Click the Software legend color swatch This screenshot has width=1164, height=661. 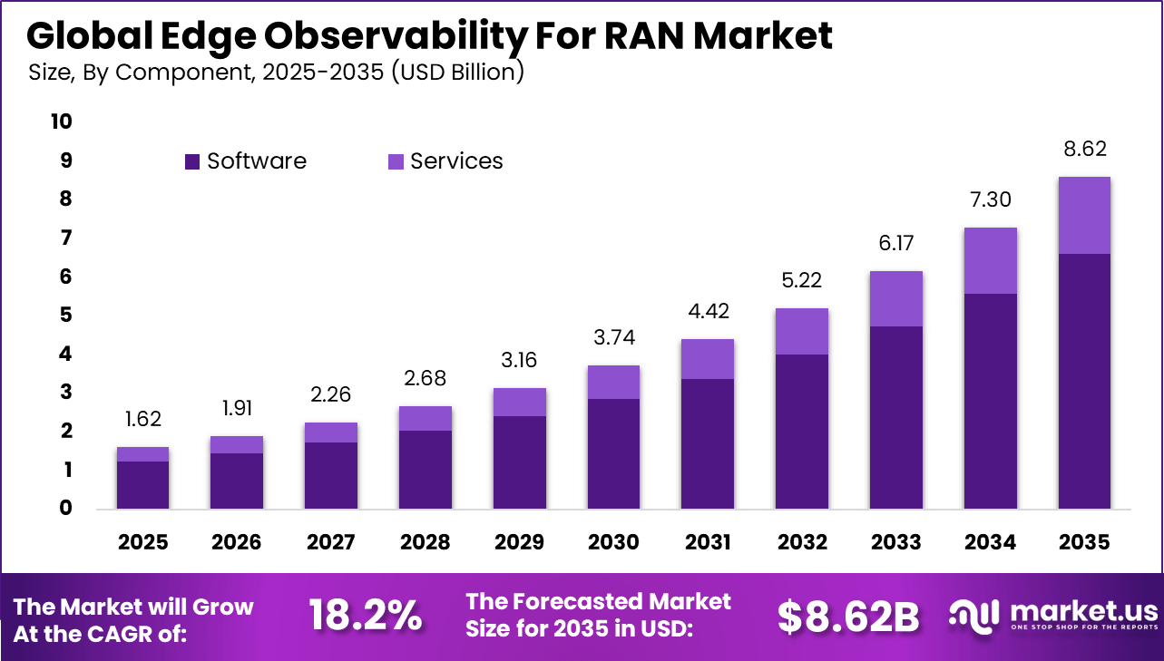click(x=192, y=162)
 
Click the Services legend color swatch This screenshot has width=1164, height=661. click(x=396, y=162)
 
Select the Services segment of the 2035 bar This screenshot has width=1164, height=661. click(x=1083, y=215)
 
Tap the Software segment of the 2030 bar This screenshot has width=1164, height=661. click(x=614, y=453)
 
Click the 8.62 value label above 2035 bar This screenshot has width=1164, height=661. click(x=1085, y=150)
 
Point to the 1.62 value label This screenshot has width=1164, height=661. click(x=143, y=420)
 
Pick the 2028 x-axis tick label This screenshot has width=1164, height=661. click(x=425, y=542)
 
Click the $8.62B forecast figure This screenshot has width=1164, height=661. click(x=847, y=617)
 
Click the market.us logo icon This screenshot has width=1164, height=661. click(x=973, y=614)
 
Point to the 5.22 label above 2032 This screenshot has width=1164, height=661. click(x=802, y=281)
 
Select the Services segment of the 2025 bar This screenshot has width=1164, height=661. click(x=142, y=454)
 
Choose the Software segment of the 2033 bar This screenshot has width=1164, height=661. click(x=896, y=417)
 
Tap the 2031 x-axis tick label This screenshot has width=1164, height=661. click(x=708, y=542)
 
